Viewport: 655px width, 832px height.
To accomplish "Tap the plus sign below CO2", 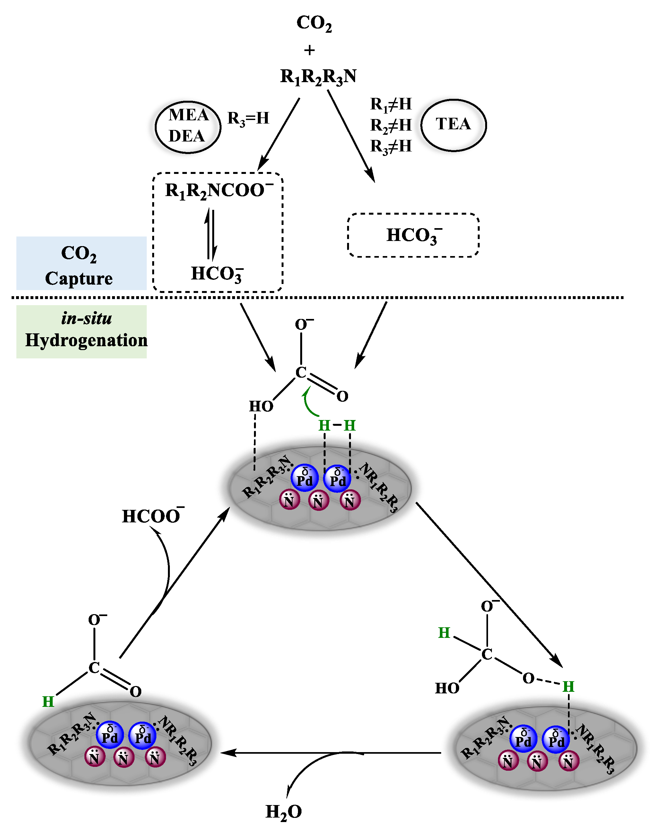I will tap(309, 50).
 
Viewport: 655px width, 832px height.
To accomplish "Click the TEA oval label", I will tap(453, 124).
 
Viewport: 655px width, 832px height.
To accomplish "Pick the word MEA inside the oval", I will tap(188, 115).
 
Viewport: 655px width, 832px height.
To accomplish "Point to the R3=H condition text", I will tap(248, 118).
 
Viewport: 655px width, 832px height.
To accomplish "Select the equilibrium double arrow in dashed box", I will tap(211, 234).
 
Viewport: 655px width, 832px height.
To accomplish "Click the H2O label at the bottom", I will tap(284, 812).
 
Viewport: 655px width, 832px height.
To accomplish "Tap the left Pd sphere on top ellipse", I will tap(304, 478).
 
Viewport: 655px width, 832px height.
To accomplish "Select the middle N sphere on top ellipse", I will tap(318, 500).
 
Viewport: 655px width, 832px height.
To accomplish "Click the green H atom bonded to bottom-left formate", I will tap(48, 702).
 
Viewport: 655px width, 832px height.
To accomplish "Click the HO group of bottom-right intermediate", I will tap(447, 688).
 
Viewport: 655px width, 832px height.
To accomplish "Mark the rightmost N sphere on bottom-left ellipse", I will tap(155, 757).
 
